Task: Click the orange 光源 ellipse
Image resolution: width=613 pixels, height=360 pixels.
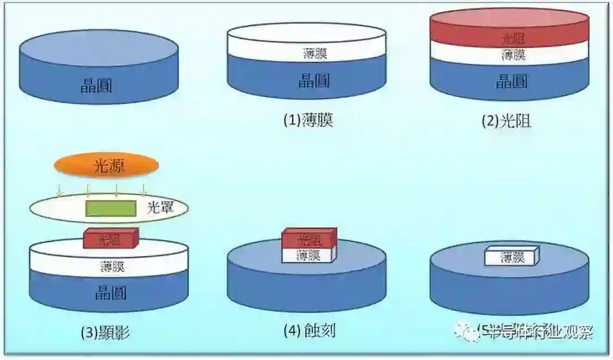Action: [106, 166]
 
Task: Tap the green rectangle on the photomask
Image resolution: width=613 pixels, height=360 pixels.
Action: [111, 208]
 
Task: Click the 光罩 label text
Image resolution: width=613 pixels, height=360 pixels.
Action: [159, 208]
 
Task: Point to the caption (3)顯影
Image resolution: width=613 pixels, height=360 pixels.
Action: [106, 333]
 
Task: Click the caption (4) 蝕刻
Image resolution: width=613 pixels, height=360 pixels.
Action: [309, 330]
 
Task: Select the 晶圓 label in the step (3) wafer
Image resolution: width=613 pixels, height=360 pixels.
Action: [110, 293]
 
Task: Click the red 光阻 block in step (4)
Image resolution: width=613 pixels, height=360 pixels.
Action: [309, 239]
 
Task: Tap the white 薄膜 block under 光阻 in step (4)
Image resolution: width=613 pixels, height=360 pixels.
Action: [309, 256]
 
